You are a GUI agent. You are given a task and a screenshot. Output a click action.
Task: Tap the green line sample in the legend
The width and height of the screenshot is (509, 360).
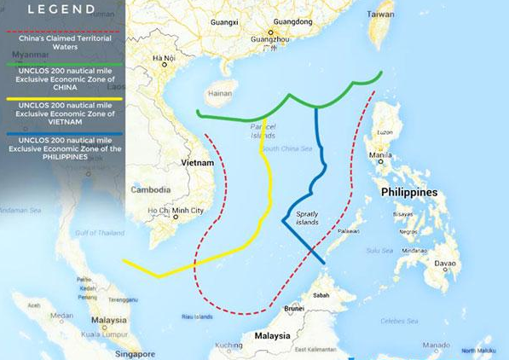[62, 64]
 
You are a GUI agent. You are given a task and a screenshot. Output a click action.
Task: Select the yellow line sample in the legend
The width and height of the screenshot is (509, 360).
[62, 99]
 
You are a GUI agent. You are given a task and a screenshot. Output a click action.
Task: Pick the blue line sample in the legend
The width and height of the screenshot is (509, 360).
[62, 133]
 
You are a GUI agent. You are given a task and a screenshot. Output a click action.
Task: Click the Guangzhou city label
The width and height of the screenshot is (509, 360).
[269, 38]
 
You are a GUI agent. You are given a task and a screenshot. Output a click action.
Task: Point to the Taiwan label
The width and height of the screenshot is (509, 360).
[380, 15]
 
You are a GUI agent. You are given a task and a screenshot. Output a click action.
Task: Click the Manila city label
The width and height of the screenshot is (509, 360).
[381, 155]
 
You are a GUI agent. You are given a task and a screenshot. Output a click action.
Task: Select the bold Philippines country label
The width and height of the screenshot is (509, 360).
[409, 192]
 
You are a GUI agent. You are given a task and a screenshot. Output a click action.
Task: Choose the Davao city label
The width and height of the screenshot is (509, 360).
[445, 263]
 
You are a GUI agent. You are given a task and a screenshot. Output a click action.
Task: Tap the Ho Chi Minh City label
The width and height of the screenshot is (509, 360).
[176, 211]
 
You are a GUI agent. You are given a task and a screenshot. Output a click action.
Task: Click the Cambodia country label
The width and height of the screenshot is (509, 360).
[150, 189]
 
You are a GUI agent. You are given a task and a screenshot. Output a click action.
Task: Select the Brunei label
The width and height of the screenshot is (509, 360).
[294, 308]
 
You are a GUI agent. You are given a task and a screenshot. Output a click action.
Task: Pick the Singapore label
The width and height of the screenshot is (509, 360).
[135, 353]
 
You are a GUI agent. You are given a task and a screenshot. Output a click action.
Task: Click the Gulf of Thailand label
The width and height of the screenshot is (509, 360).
[100, 232]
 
